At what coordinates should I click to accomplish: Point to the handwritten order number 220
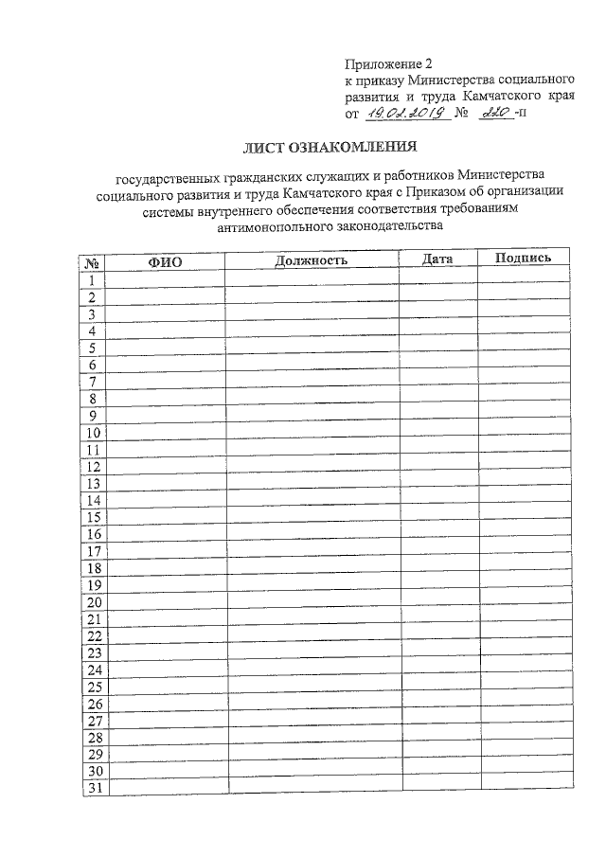494,113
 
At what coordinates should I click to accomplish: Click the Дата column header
437,259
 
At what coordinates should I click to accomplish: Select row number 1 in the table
93,279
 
